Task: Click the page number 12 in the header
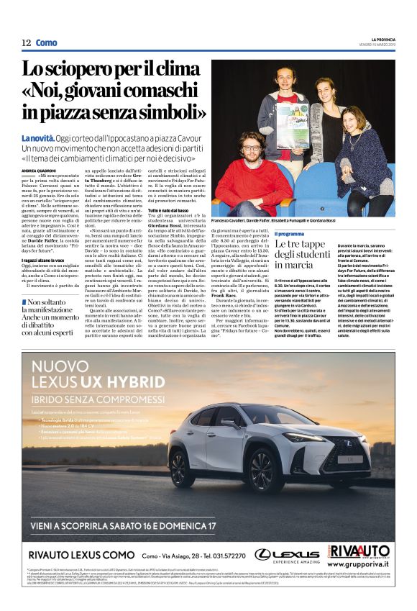coord(26,43)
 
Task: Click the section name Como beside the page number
coord(46,43)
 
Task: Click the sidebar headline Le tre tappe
coord(301,255)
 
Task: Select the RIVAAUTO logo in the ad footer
coord(360,552)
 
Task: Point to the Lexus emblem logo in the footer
coord(265,553)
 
